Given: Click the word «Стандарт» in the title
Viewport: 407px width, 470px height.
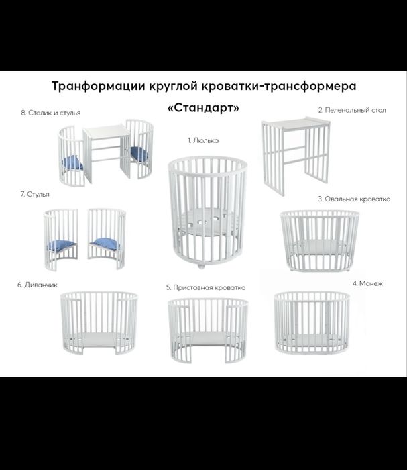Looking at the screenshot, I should [202, 107].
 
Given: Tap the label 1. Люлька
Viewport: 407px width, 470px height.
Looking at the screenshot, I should [202, 140].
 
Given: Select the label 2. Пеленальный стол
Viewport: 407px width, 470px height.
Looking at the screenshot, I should [352, 109].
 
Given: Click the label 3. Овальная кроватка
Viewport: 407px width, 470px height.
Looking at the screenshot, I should [353, 199].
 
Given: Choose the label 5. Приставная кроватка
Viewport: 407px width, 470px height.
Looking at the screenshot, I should [206, 287].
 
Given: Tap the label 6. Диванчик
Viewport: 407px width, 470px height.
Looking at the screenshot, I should [38, 284].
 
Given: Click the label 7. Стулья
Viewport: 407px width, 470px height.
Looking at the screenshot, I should [35, 194].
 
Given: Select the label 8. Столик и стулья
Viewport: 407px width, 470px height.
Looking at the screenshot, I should [51, 113].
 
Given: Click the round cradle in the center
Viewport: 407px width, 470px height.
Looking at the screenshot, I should [204, 209].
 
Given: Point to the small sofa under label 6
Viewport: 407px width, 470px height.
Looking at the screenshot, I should [99, 326].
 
